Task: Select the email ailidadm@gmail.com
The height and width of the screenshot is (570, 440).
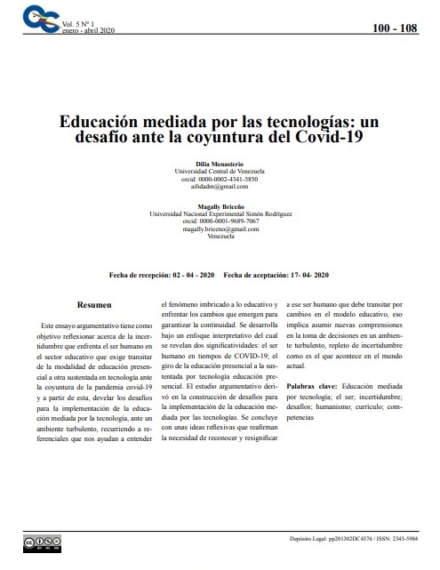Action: (x=220, y=187)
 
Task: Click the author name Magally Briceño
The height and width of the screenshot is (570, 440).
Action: (x=220, y=206)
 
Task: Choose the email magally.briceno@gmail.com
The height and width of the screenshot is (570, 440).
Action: (x=220, y=229)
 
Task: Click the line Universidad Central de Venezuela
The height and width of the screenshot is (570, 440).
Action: (x=220, y=172)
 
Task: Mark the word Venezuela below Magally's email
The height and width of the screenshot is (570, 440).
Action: (x=220, y=237)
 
